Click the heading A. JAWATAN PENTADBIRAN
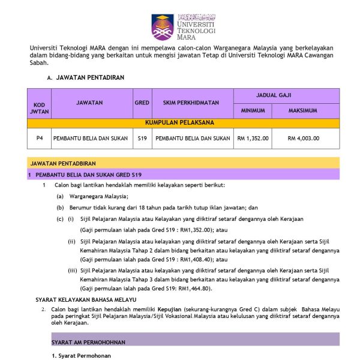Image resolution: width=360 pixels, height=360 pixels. pos(89,78)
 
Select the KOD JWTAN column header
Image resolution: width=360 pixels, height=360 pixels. pos(39,109)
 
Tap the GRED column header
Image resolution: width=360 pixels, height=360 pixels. pos(142,103)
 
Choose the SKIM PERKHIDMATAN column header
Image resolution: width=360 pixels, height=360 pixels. pos(192,103)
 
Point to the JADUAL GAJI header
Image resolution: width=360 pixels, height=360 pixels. pos(287,95)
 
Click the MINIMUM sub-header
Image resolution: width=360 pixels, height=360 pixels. pos(253,111)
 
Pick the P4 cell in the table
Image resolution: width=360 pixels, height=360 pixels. pos(39,139)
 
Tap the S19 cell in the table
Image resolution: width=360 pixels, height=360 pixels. pos(142,139)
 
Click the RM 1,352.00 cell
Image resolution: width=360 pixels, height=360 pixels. pos(253,139)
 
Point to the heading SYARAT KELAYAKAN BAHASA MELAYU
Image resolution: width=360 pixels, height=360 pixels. pos(86,299)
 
